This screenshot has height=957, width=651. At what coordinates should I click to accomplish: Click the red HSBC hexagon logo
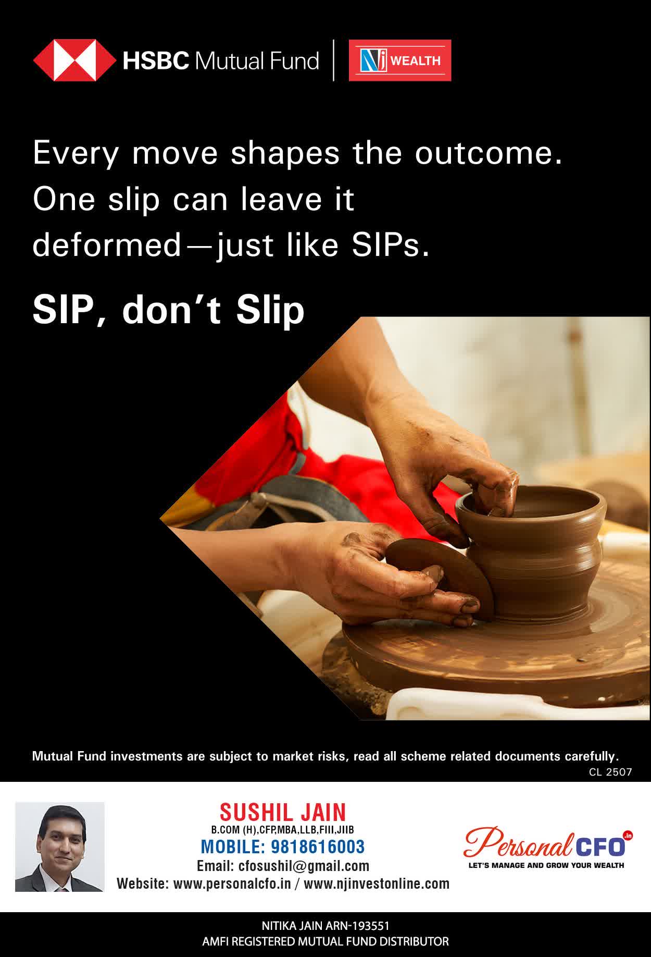pyautogui.click(x=75, y=60)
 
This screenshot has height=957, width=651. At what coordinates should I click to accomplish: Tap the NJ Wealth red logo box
pyautogui.click(x=400, y=60)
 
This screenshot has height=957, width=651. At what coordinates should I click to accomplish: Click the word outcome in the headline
pyautogui.click(x=489, y=153)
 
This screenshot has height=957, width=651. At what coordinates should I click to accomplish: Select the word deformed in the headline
pyautogui.click(x=107, y=244)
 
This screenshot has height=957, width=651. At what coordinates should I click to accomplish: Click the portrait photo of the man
pyautogui.click(x=60, y=846)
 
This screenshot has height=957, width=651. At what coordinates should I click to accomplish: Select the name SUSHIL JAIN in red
pyautogui.click(x=283, y=812)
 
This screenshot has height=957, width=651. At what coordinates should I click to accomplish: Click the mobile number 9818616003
pyautogui.click(x=318, y=846)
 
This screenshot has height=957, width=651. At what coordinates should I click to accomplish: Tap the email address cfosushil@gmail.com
pyautogui.click(x=304, y=866)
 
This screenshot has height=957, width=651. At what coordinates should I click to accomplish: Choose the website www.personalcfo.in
pyautogui.click(x=232, y=884)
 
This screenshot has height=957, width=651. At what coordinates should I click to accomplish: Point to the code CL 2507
pyautogui.click(x=610, y=772)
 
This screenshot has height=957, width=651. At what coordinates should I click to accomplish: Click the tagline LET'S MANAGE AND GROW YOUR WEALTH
pyautogui.click(x=546, y=865)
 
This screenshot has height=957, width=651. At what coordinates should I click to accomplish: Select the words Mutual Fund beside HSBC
pyautogui.click(x=256, y=61)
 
